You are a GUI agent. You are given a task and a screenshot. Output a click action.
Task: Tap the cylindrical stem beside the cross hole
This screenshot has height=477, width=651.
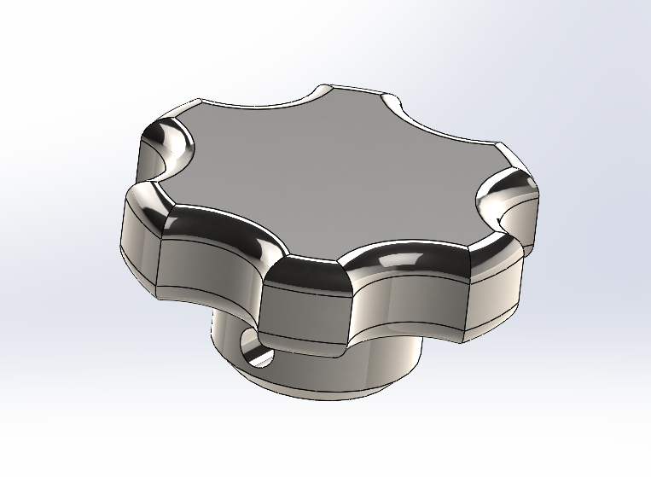(x=341, y=375)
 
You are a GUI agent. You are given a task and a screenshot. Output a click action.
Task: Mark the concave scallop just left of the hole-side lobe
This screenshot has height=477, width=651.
(x=213, y=273)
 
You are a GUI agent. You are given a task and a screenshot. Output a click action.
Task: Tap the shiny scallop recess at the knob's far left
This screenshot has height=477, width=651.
(x=166, y=145)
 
